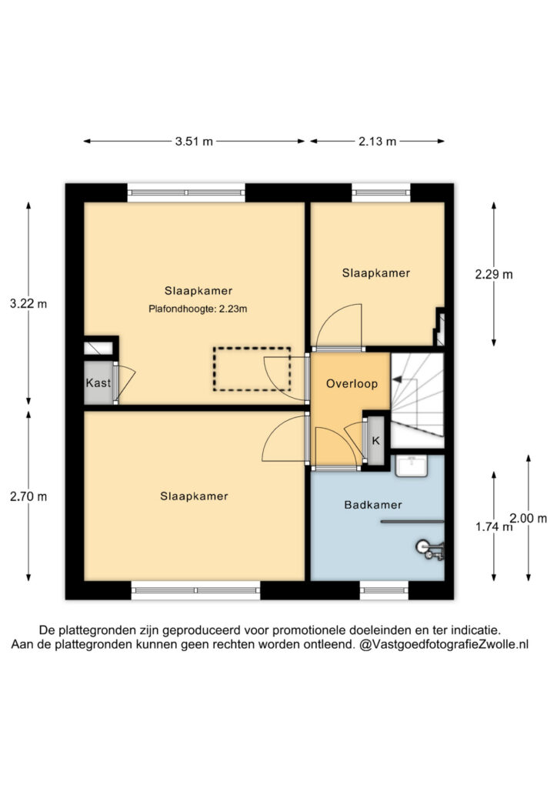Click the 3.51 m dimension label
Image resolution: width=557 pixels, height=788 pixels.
(194, 142)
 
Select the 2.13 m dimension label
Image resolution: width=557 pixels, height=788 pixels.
(377, 142)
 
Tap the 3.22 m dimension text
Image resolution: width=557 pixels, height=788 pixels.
(28, 303)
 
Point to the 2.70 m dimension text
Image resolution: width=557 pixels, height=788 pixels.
(28, 496)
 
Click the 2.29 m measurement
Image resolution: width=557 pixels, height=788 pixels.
(494, 275)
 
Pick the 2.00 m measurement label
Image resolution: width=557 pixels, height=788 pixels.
(529, 518)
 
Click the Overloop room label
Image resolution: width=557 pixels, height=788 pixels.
(352, 384)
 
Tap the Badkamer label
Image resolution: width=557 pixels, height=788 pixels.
(372, 505)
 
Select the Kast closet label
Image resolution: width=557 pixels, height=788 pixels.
(98, 383)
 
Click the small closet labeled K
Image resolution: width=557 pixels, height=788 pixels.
(375, 441)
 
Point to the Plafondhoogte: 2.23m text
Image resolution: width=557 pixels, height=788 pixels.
(198, 309)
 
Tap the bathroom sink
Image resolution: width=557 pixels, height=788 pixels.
(412, 466)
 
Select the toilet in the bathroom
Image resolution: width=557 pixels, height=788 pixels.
(430, 549)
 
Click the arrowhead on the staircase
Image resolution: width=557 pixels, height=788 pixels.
(397, 380)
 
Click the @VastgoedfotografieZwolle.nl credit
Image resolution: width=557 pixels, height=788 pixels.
(444, 644)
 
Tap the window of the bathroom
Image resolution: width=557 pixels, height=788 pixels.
(384, 590)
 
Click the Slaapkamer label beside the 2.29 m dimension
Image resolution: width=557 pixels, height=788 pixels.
(376, 273)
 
